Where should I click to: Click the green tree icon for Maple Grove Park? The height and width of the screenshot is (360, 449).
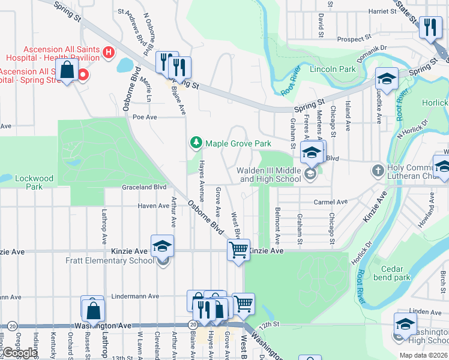[195, 143]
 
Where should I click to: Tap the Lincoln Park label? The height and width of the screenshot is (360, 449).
[333, 69]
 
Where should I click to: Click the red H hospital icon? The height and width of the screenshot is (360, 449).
[109, 53]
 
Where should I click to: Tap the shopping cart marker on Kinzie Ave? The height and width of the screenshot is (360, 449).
[238, 249]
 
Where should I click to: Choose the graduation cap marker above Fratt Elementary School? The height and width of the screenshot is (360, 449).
[161, 246]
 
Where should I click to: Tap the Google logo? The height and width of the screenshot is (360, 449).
[20, 352]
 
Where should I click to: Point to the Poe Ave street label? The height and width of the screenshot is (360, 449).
[144, 117]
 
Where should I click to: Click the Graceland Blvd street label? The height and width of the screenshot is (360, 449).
[143, 187]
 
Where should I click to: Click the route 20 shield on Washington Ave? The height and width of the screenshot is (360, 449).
[192, 325]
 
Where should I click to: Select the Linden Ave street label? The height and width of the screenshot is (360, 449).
[426, 312]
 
